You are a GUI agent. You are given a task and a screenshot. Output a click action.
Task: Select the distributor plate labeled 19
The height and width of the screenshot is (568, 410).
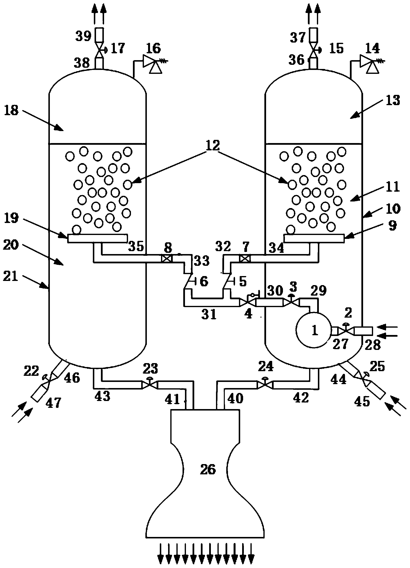pyautogui.click(x=97, y=238)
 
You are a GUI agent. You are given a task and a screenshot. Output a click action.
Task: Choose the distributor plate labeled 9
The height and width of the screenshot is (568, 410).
pyautogui.click(x=314, y=238)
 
